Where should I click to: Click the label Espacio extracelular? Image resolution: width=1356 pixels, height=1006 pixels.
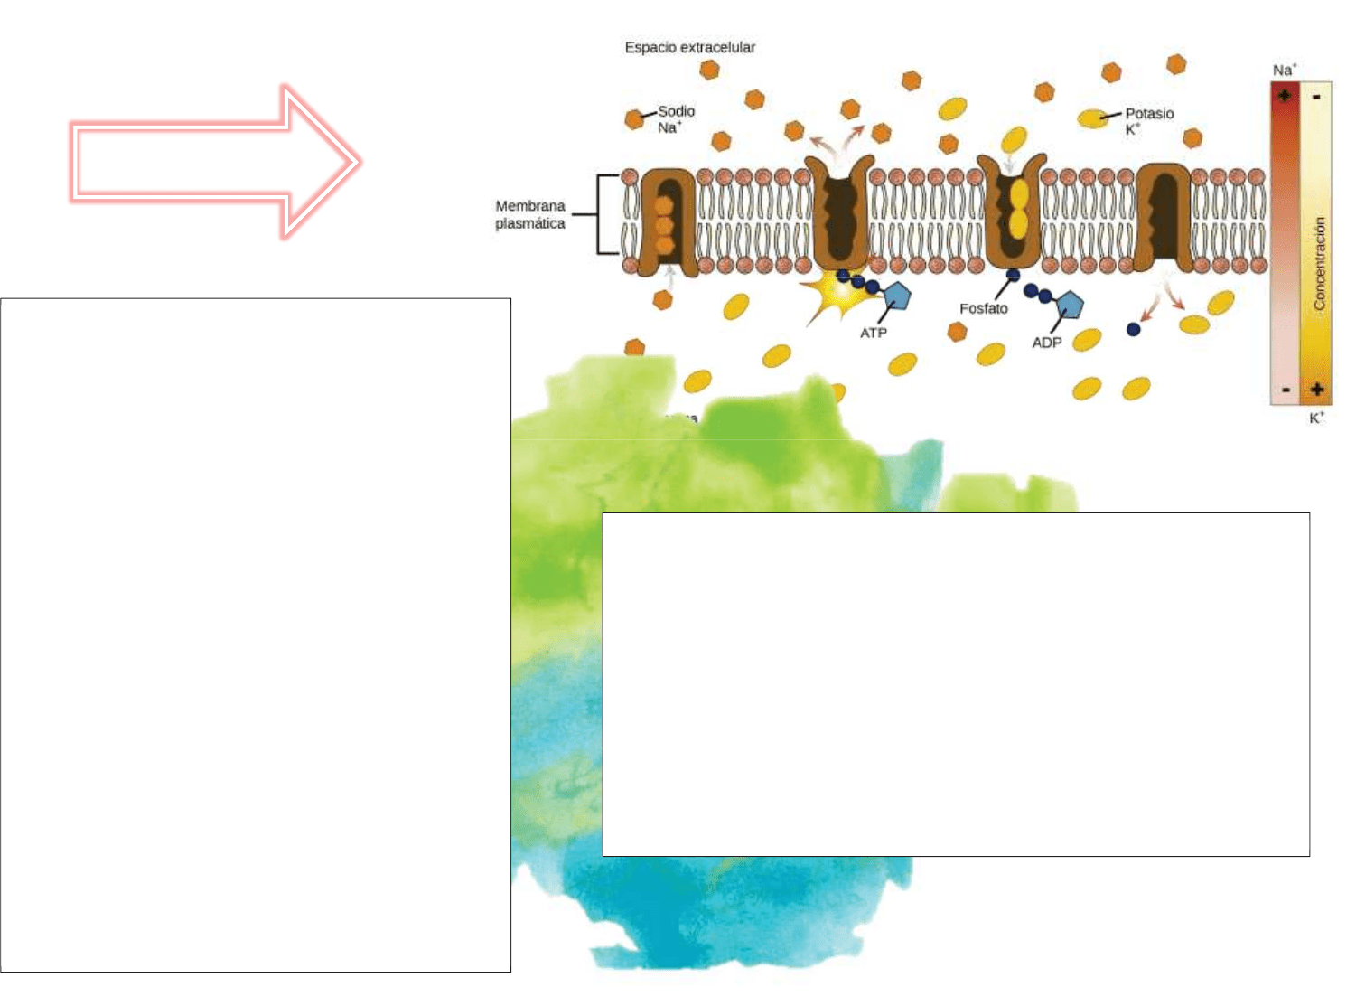(x=689, y=48)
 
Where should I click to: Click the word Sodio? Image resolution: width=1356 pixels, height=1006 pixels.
(x=676, y=111)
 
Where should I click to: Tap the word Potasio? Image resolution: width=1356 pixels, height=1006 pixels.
(x=1149, y=113)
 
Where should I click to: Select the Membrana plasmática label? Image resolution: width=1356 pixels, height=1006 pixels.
(x=530, y=215)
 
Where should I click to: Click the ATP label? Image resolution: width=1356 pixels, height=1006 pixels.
(x=874, y=333)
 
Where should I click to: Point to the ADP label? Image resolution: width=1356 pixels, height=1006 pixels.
(x=1047, y=343)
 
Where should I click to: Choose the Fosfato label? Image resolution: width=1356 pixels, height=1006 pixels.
(x=984, y=308)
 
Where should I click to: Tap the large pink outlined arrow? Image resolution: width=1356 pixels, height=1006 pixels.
(x=217, y=163)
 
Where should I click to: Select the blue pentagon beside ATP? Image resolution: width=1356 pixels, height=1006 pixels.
(x=896, y=296)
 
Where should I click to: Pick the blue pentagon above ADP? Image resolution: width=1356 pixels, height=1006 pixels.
(x=1070, y=306)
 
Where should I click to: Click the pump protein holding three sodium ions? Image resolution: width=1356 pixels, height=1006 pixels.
(x=667, y=221)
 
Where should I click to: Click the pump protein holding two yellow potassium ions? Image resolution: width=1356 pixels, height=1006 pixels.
(x=1013, y=212)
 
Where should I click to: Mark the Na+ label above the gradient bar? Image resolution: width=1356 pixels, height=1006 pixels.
(x=1284, y=70)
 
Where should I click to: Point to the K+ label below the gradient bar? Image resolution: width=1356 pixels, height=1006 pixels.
(x=1316, y=418)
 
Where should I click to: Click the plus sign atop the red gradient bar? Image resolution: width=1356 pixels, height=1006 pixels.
(x=1284, y=95)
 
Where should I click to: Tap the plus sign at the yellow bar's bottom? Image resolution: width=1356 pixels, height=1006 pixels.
(x=1317, y=390)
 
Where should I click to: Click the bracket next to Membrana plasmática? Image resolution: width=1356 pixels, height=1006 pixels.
(x=601, y=214)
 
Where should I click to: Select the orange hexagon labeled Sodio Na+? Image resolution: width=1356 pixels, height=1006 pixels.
(x=635, y=118)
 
